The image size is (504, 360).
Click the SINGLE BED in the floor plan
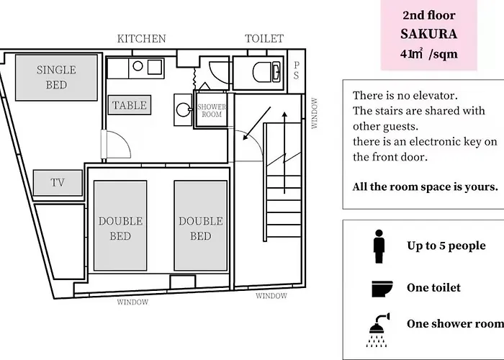(56, 78)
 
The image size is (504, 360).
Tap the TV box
(58, 183)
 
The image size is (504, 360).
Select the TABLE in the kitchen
(130, 105)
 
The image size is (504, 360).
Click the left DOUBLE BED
(120, 225)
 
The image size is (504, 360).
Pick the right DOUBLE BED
(201, 225)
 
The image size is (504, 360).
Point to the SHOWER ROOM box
(212, 110)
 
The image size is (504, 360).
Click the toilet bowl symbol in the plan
(266, 72)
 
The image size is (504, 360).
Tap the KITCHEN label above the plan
(141, 39)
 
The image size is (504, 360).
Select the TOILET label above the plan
(264, 39)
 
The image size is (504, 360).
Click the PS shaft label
(296, 71)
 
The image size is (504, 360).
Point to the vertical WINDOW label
(315, 113)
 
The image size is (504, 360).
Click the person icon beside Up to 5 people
(379, 246)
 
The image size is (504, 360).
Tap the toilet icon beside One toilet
(382, 289)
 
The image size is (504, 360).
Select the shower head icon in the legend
(378, 330)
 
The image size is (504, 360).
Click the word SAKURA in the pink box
(429, 34)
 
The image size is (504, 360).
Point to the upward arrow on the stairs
(284, 153)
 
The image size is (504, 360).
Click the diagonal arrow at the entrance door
(257, 123)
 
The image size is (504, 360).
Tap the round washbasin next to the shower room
(184, 109)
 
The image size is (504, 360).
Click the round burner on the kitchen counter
(138, 66)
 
